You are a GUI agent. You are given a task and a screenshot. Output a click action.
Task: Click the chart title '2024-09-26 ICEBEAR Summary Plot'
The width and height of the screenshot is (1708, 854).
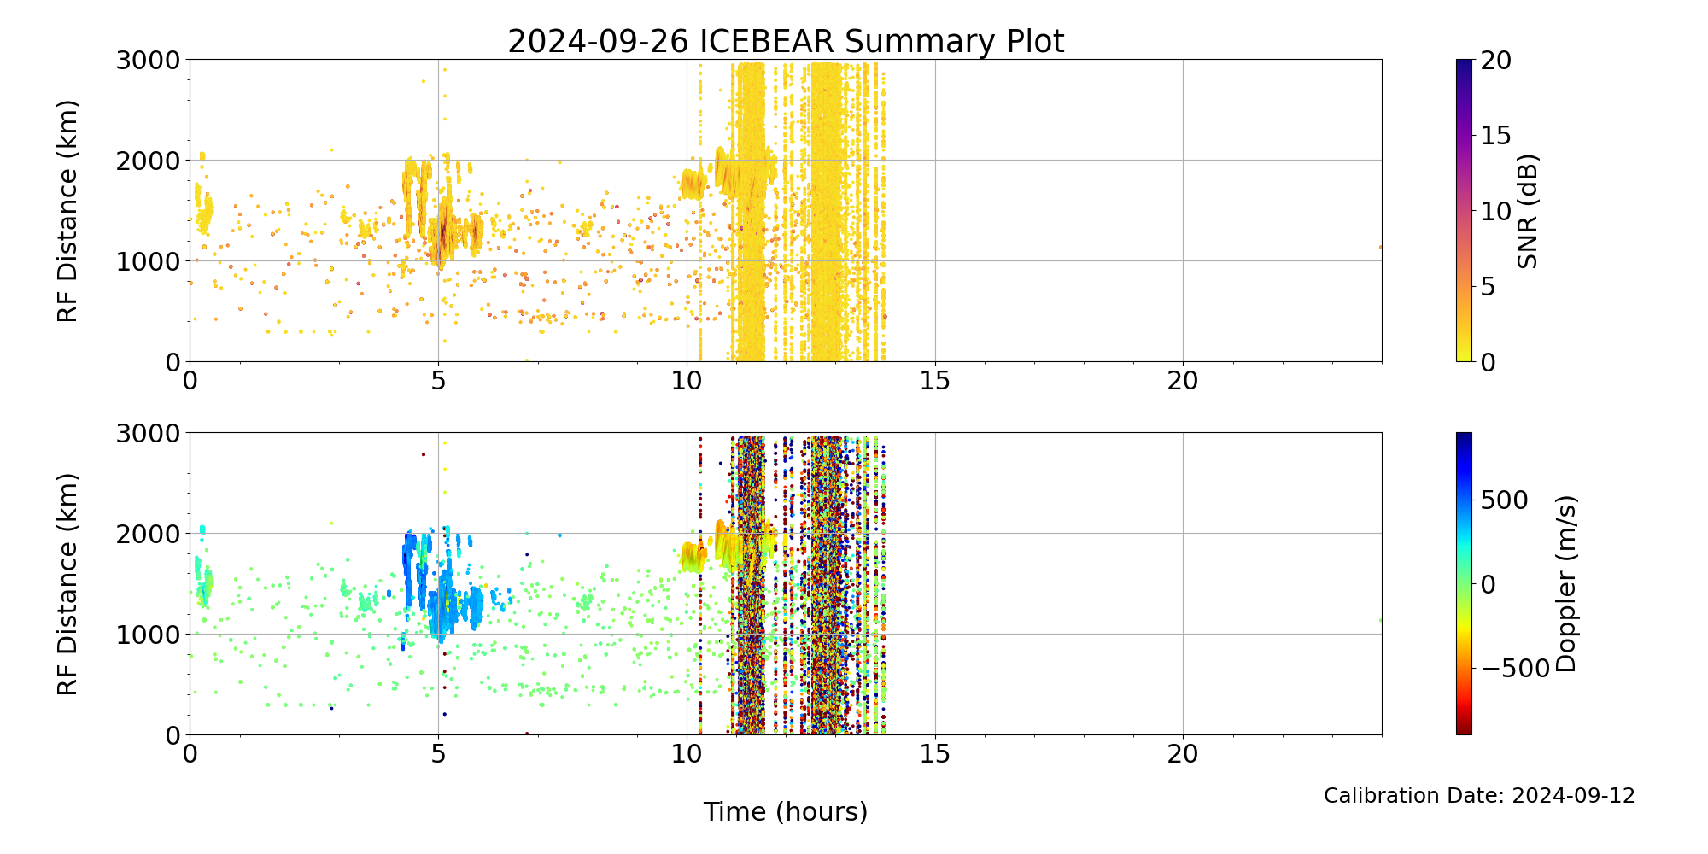[x=786, y=41]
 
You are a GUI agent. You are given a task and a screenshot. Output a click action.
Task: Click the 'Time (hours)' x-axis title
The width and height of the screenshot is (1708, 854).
[x=786, y=811]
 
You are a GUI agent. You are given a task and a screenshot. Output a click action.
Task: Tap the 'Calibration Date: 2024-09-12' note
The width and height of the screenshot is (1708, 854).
[x=1479, y=796]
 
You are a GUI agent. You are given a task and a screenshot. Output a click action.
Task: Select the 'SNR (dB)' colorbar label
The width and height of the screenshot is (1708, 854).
[x=1528, y=211]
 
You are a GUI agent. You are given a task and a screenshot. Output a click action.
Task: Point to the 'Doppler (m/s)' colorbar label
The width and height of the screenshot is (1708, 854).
[x=1566, y=583]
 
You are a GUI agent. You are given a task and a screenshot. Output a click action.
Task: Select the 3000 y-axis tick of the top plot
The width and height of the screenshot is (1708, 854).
[x=149, y=61]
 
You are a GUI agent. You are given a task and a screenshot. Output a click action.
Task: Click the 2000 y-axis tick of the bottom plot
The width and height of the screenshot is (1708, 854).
[x=149, y=534]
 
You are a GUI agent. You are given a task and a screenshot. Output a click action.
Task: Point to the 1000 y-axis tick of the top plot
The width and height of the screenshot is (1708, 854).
[x=149, y=261]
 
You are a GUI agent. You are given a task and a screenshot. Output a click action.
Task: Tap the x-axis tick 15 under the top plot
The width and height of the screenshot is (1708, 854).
[x=934, y=381]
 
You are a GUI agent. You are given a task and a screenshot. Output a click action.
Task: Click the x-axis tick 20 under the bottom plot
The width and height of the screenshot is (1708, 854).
[x=1183, y=754]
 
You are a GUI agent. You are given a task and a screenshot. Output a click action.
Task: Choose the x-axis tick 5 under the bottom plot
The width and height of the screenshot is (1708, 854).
[x=438, y=754]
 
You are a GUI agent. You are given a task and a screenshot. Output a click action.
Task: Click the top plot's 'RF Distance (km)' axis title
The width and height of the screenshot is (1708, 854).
[x=67, y=211]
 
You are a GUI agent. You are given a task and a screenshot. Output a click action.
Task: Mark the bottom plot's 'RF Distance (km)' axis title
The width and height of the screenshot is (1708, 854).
[x=67, y=583]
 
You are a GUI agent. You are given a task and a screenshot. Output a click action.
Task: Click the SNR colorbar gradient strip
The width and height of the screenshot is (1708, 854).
[x=1464, y=211]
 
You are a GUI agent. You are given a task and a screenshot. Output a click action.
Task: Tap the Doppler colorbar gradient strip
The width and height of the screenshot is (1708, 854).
[x=1464, y=583]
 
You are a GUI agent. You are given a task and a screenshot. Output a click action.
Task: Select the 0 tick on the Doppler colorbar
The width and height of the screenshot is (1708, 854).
[x=1488, y=584]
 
